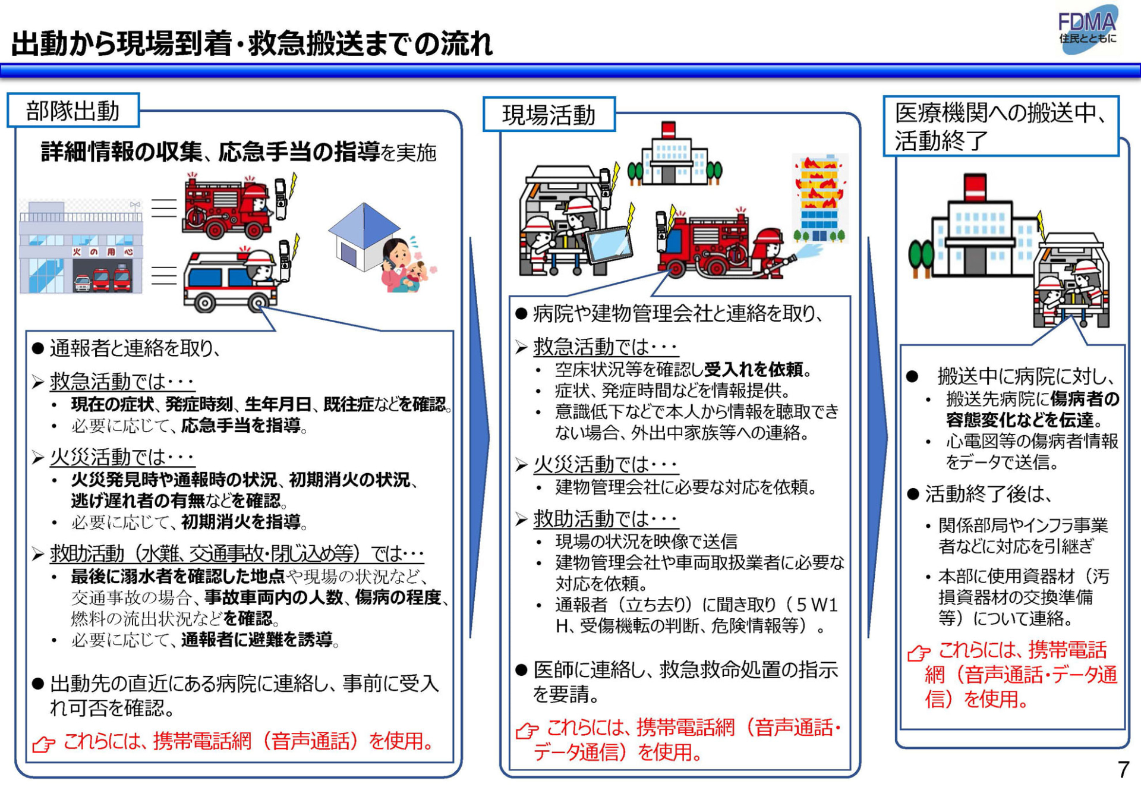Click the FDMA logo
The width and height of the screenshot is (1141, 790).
point(1088,30)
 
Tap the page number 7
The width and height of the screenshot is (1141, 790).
point(1123,770)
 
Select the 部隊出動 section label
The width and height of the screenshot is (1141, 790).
point(73,111)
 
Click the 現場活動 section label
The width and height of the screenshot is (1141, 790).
point(549,115)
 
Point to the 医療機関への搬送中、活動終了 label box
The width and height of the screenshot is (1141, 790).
point(1001,127)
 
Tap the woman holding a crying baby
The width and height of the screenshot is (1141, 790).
point(408,265)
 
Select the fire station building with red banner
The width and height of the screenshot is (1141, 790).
point(81,247)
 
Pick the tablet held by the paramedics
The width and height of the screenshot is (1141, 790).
point(609,243)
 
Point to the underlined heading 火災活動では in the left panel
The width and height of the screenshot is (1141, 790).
point(122,457)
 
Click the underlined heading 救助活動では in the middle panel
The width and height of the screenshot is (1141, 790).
point(605,519)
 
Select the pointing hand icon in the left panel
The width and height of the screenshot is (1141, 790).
point(43,743)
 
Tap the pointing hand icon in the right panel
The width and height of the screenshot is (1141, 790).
point(919,652)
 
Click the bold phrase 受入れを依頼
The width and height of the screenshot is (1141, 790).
point(754,370)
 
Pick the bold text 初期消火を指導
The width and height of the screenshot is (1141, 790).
point(241,522)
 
